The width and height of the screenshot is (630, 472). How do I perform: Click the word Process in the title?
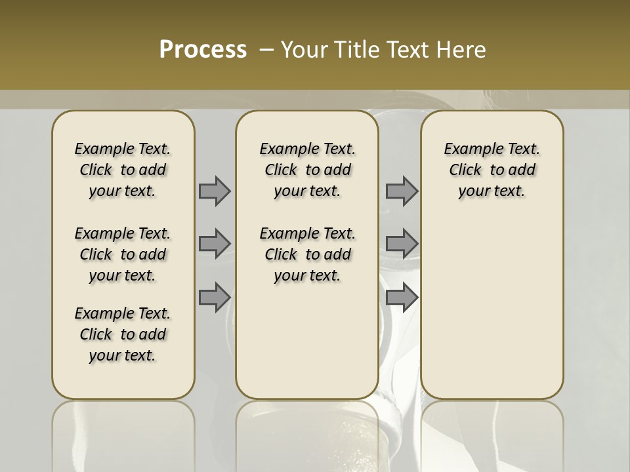pos(203,50)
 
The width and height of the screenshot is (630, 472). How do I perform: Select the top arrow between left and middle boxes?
pos(215,191)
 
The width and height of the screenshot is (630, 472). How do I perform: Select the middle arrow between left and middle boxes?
pos(215,244)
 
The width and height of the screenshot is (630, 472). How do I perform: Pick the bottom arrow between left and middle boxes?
pos(215,297)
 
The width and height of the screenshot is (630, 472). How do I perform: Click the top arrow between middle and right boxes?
pos(402,191)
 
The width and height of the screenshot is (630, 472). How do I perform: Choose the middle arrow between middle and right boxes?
pos(402,244)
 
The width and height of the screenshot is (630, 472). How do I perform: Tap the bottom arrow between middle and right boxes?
pos(402,297)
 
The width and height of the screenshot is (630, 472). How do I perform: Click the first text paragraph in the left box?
pos(123,170)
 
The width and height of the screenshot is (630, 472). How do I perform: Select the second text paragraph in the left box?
pos(123,254)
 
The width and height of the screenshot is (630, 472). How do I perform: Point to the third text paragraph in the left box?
pos(123,334)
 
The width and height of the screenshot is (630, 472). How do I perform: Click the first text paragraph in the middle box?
pos(307,170)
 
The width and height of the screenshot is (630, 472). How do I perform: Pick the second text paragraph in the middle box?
pos(307,254)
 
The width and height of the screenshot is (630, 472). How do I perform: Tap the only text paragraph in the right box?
pos(492,170)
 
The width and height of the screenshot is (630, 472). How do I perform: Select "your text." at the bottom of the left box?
pos(123,355)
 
